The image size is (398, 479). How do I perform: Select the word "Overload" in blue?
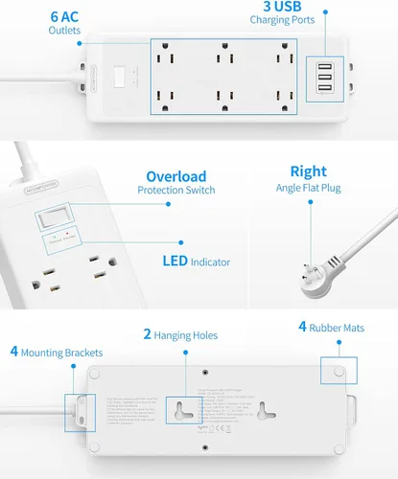[x=176, y=176]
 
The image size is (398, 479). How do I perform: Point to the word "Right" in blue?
[x=308, y=171]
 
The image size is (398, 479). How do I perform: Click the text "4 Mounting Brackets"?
[x=57, y=353]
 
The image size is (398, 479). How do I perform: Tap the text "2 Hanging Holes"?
[x=180, y=335]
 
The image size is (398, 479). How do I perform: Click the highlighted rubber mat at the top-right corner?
[x=339, y=369]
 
